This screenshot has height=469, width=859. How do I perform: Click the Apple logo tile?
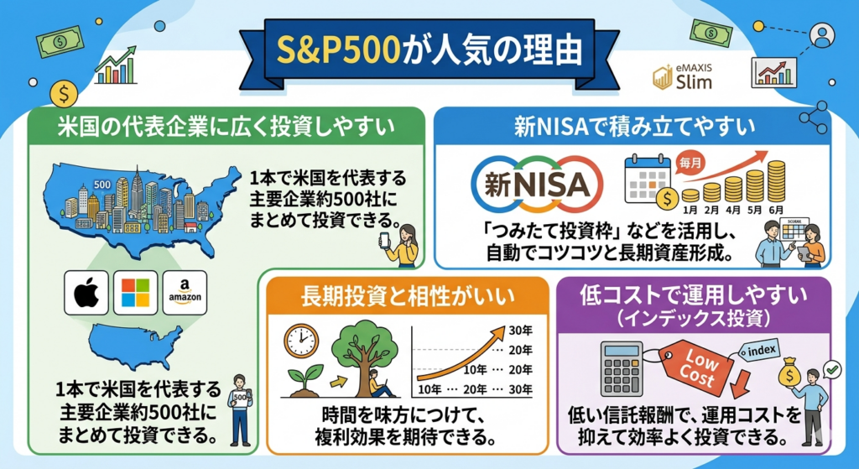point(86,294)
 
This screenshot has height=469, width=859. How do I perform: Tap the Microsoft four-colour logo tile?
point(135,294)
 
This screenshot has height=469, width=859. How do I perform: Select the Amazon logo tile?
point(185,294)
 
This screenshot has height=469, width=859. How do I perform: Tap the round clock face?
point(300,341)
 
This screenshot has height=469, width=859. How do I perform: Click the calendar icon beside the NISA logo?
point(648,179)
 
